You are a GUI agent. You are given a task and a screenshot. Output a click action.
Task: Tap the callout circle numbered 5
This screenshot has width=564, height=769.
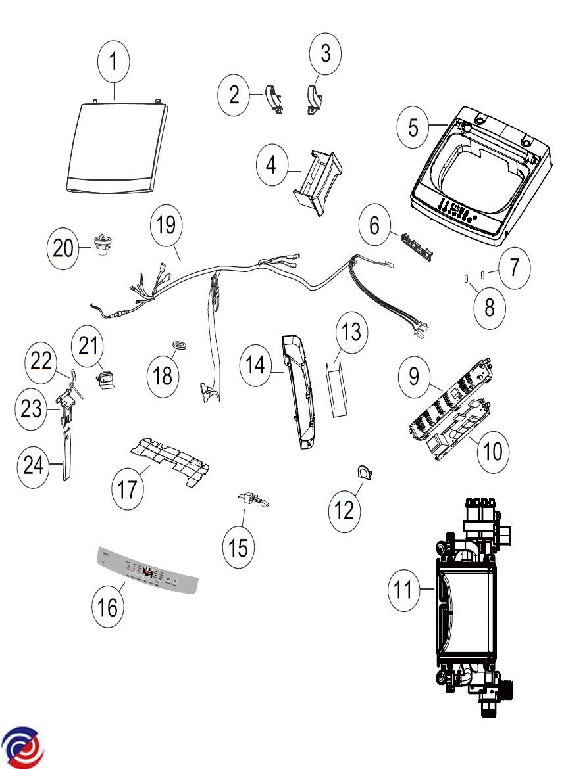point(413,127)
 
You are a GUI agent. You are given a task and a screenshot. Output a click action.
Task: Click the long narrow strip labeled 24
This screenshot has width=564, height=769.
point(67,454)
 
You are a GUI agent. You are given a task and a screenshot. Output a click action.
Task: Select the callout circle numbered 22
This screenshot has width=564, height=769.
point(41,361)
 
